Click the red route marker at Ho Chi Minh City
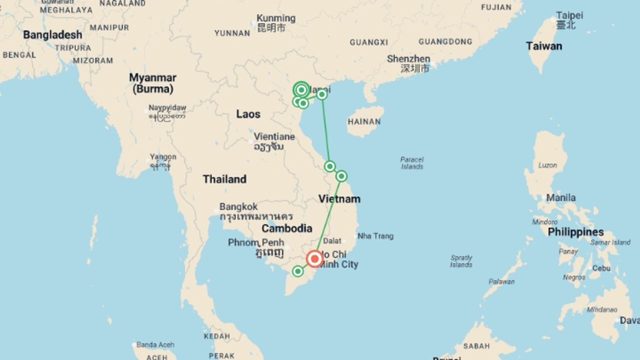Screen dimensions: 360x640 point(314,259)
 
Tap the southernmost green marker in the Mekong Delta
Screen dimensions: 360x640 point(298,271)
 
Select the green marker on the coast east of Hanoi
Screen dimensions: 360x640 point(322,95)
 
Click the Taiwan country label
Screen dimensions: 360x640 point(544,46)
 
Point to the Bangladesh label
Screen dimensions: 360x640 point(53,35)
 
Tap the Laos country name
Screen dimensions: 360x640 point(248,114)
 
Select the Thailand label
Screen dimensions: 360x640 point(225,179)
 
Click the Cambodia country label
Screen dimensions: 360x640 point(287,228)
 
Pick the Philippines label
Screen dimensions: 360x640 point(576,232)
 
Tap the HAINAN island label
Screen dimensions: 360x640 point(364,122)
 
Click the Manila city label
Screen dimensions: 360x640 point(561,198)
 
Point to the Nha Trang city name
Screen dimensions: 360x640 point(375,236)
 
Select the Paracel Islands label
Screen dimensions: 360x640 point(412,163)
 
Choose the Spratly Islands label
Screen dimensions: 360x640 point(461,261)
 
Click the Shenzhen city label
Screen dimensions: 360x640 point(408,59)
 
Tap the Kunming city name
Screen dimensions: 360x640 point(276,18)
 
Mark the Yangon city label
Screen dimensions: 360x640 point(163,157)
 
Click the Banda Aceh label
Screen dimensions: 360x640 point(155,345)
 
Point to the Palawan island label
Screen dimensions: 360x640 point(501,282)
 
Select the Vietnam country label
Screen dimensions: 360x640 point(339,199)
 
